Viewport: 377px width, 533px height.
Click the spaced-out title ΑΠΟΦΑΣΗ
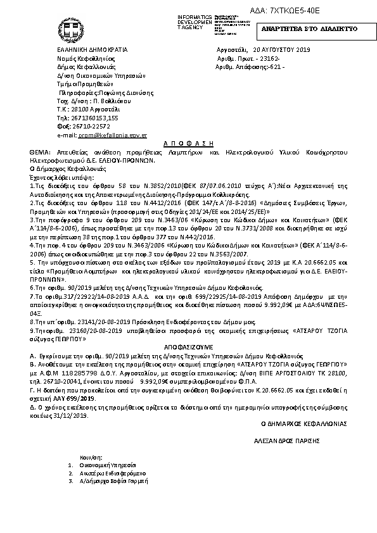[188, 144]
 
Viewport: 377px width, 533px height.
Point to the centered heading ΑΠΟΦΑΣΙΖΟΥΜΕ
[188, 347]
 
